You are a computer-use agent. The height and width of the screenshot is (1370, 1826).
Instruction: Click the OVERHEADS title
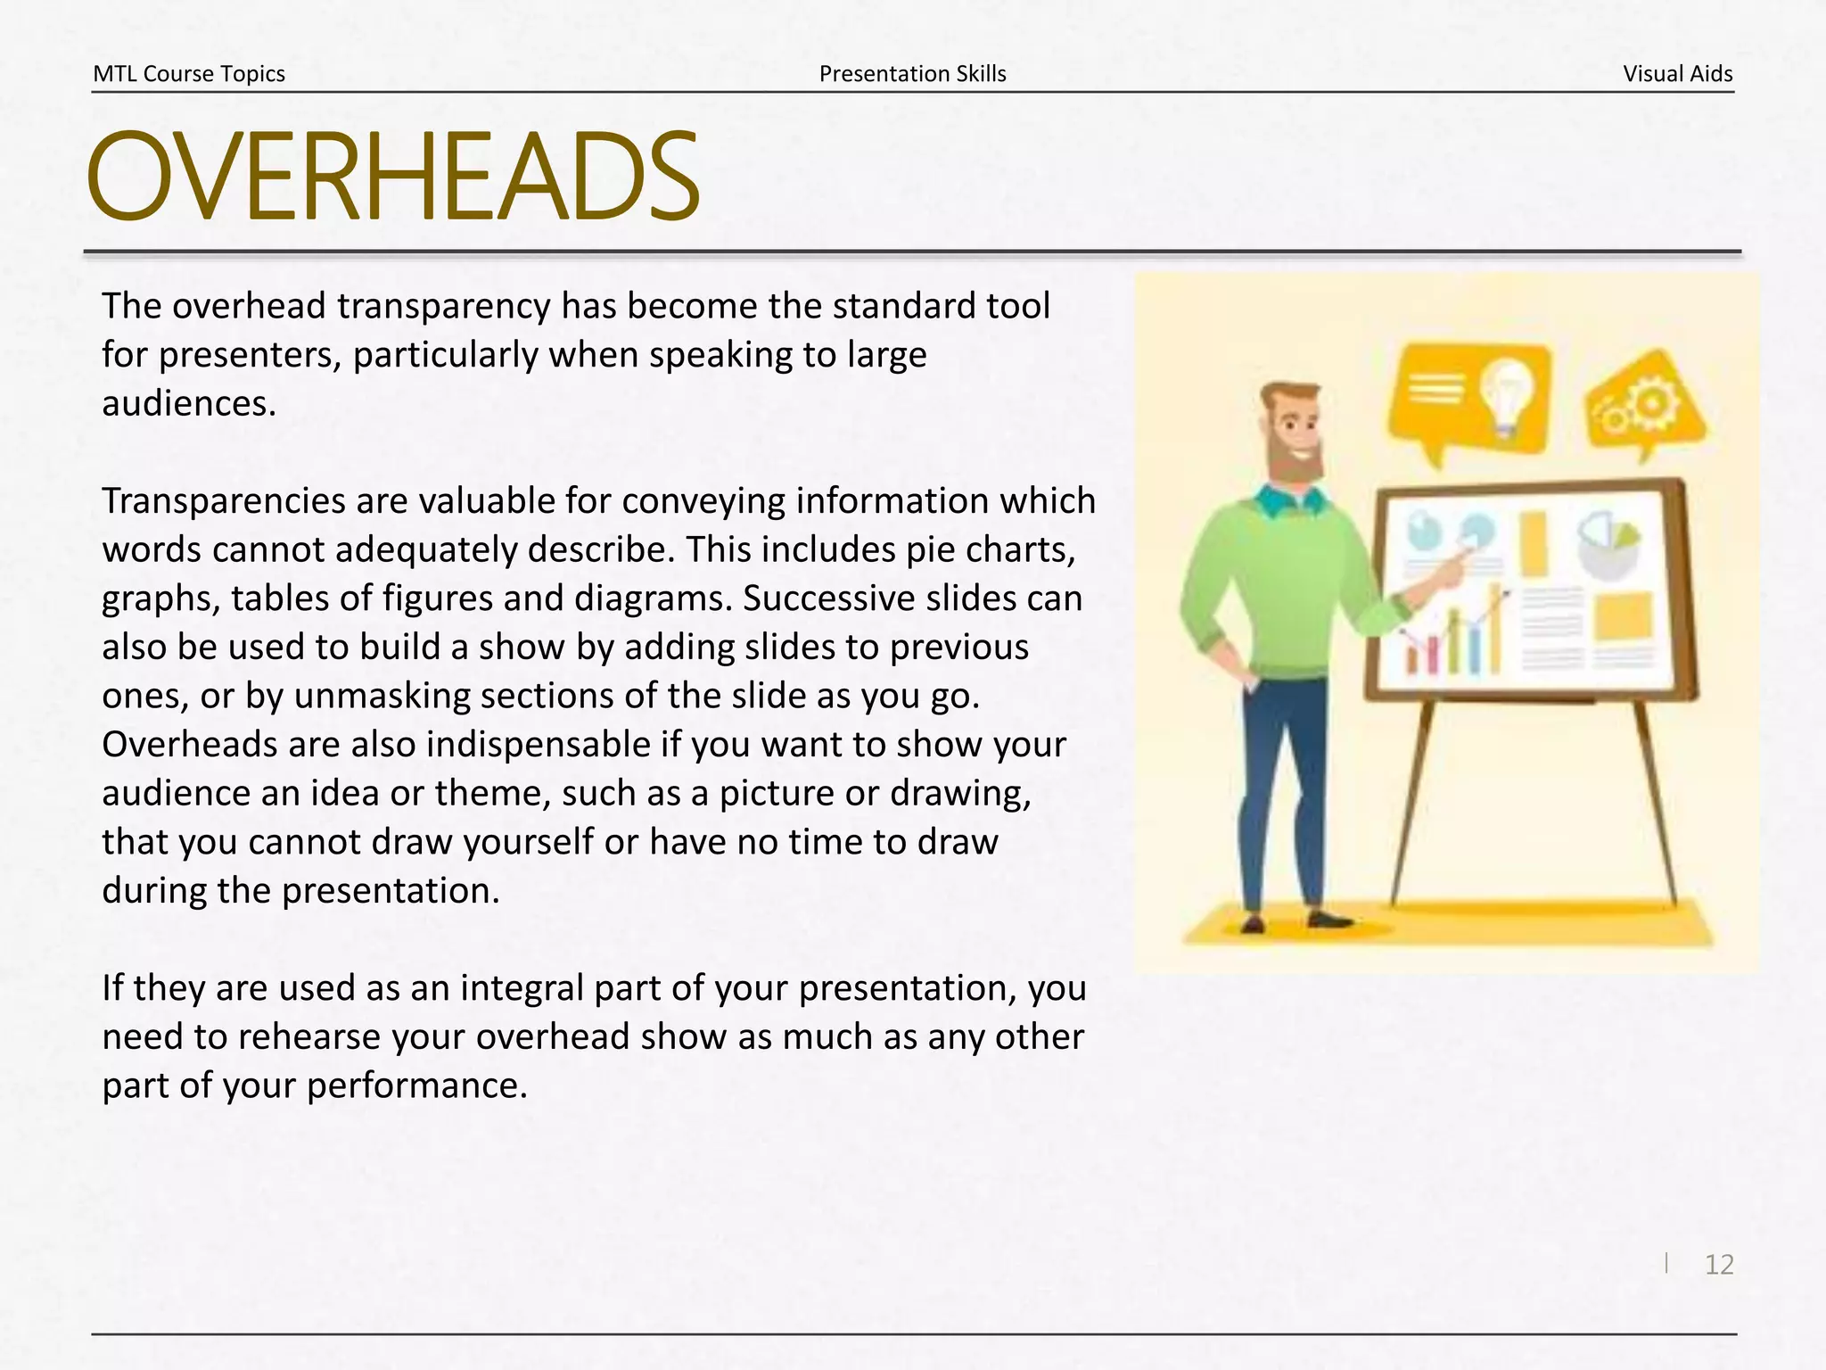click(x=392, y=177)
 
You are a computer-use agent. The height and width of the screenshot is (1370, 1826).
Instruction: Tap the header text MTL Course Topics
click(x=189, y=74)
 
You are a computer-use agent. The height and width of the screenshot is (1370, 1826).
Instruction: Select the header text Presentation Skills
click(x=912, y=74)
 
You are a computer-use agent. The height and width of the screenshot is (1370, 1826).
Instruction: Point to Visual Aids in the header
click(x=1677, y=74)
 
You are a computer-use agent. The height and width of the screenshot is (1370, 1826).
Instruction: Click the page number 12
click(x=1718, y=1264)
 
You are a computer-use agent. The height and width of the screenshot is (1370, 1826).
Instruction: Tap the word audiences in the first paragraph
click(x=189, y=404)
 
